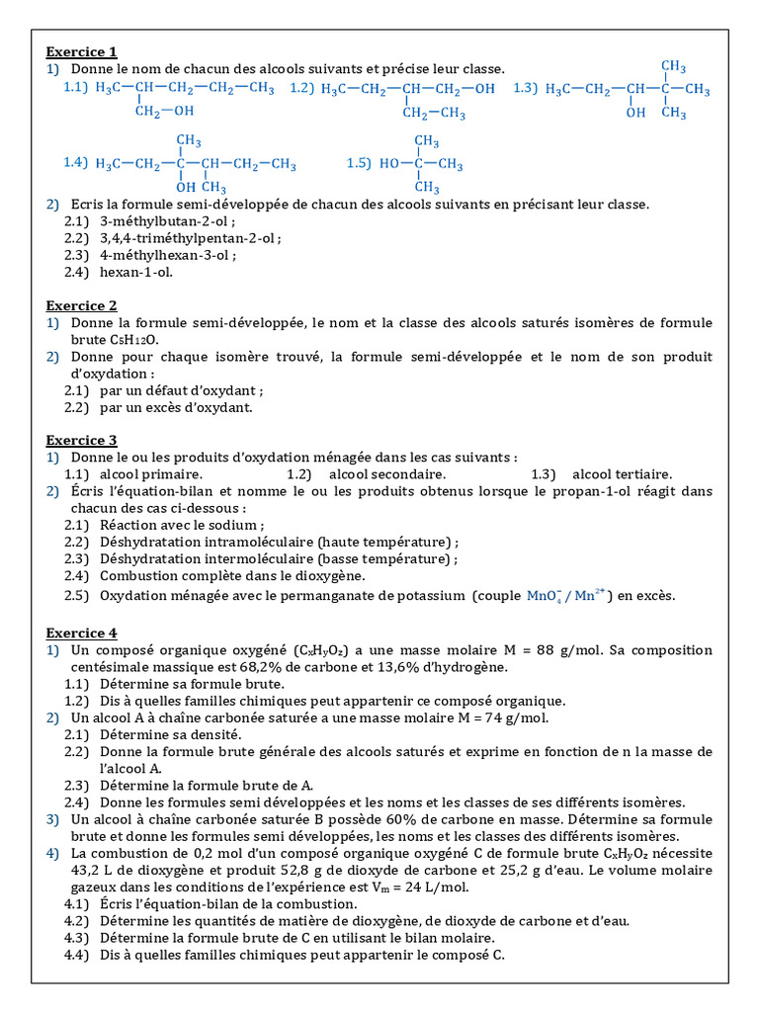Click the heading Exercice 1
point(82,51)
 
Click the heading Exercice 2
point(82,305)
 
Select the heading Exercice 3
point(82,440)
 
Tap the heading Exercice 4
point(82,632)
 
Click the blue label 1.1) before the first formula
point(76,88)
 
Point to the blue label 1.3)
point(525,89)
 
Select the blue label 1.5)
point(358,164)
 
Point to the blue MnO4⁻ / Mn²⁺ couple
point(570,595)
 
